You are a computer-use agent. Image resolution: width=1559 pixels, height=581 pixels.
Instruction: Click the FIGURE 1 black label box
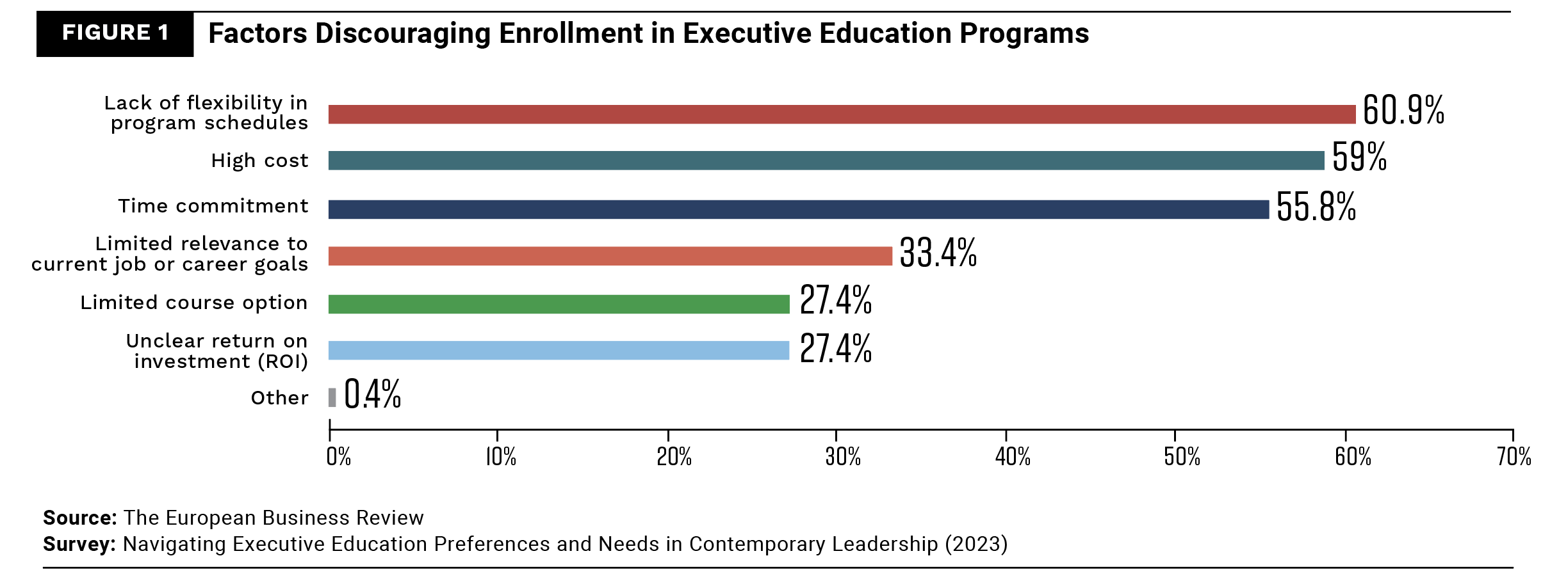115,34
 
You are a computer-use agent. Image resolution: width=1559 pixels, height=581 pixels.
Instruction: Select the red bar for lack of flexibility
842,115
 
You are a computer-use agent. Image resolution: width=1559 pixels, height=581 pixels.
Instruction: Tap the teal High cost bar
826,161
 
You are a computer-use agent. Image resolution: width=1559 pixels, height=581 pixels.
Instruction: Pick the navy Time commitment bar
798,209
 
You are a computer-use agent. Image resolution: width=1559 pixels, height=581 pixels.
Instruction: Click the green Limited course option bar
559,304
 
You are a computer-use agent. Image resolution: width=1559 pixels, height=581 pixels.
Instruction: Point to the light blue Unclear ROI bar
559,351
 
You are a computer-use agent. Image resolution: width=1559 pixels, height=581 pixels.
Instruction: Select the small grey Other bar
332,397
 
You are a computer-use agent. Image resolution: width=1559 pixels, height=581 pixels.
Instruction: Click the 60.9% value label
1403,110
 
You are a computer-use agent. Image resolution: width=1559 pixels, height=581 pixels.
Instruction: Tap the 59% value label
1359,157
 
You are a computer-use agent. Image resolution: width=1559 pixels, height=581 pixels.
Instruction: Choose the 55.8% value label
1316,207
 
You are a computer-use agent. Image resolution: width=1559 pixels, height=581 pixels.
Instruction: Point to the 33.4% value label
938,253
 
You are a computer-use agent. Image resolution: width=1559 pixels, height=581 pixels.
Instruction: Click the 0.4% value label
372,394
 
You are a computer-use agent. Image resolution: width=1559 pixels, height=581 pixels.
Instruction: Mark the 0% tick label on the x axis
338,457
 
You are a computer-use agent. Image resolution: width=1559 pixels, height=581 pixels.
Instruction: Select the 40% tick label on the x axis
1013,457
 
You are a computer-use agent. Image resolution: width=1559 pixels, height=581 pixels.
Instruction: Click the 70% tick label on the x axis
1514,457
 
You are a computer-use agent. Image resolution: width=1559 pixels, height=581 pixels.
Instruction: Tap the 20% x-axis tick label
674,457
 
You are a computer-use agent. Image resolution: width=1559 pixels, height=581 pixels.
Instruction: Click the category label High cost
259,161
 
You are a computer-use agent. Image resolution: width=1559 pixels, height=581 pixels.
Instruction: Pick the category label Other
279,398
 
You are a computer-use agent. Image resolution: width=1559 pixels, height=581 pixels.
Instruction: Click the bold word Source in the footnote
79,518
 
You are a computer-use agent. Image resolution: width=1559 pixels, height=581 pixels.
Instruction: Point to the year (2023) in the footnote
975,544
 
